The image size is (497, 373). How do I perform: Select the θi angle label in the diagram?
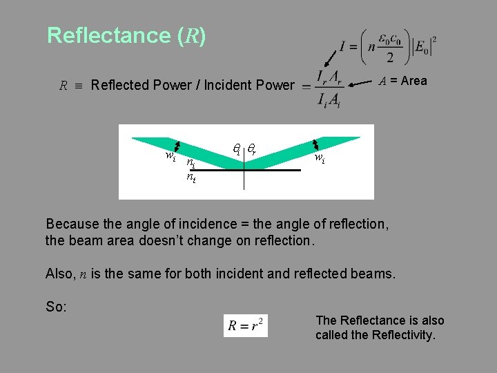(236, 148)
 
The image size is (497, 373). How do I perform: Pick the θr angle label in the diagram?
(253, 148)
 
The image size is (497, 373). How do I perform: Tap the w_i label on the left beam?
(170, 157)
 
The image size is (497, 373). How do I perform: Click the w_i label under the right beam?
(320, 158)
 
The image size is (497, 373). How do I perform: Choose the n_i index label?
(191, 164)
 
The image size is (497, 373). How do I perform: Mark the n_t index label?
(191, 178)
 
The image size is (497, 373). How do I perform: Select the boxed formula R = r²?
(245, 325)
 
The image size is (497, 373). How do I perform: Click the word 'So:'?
(56, 307)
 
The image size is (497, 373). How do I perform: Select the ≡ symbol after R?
(79, 86)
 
